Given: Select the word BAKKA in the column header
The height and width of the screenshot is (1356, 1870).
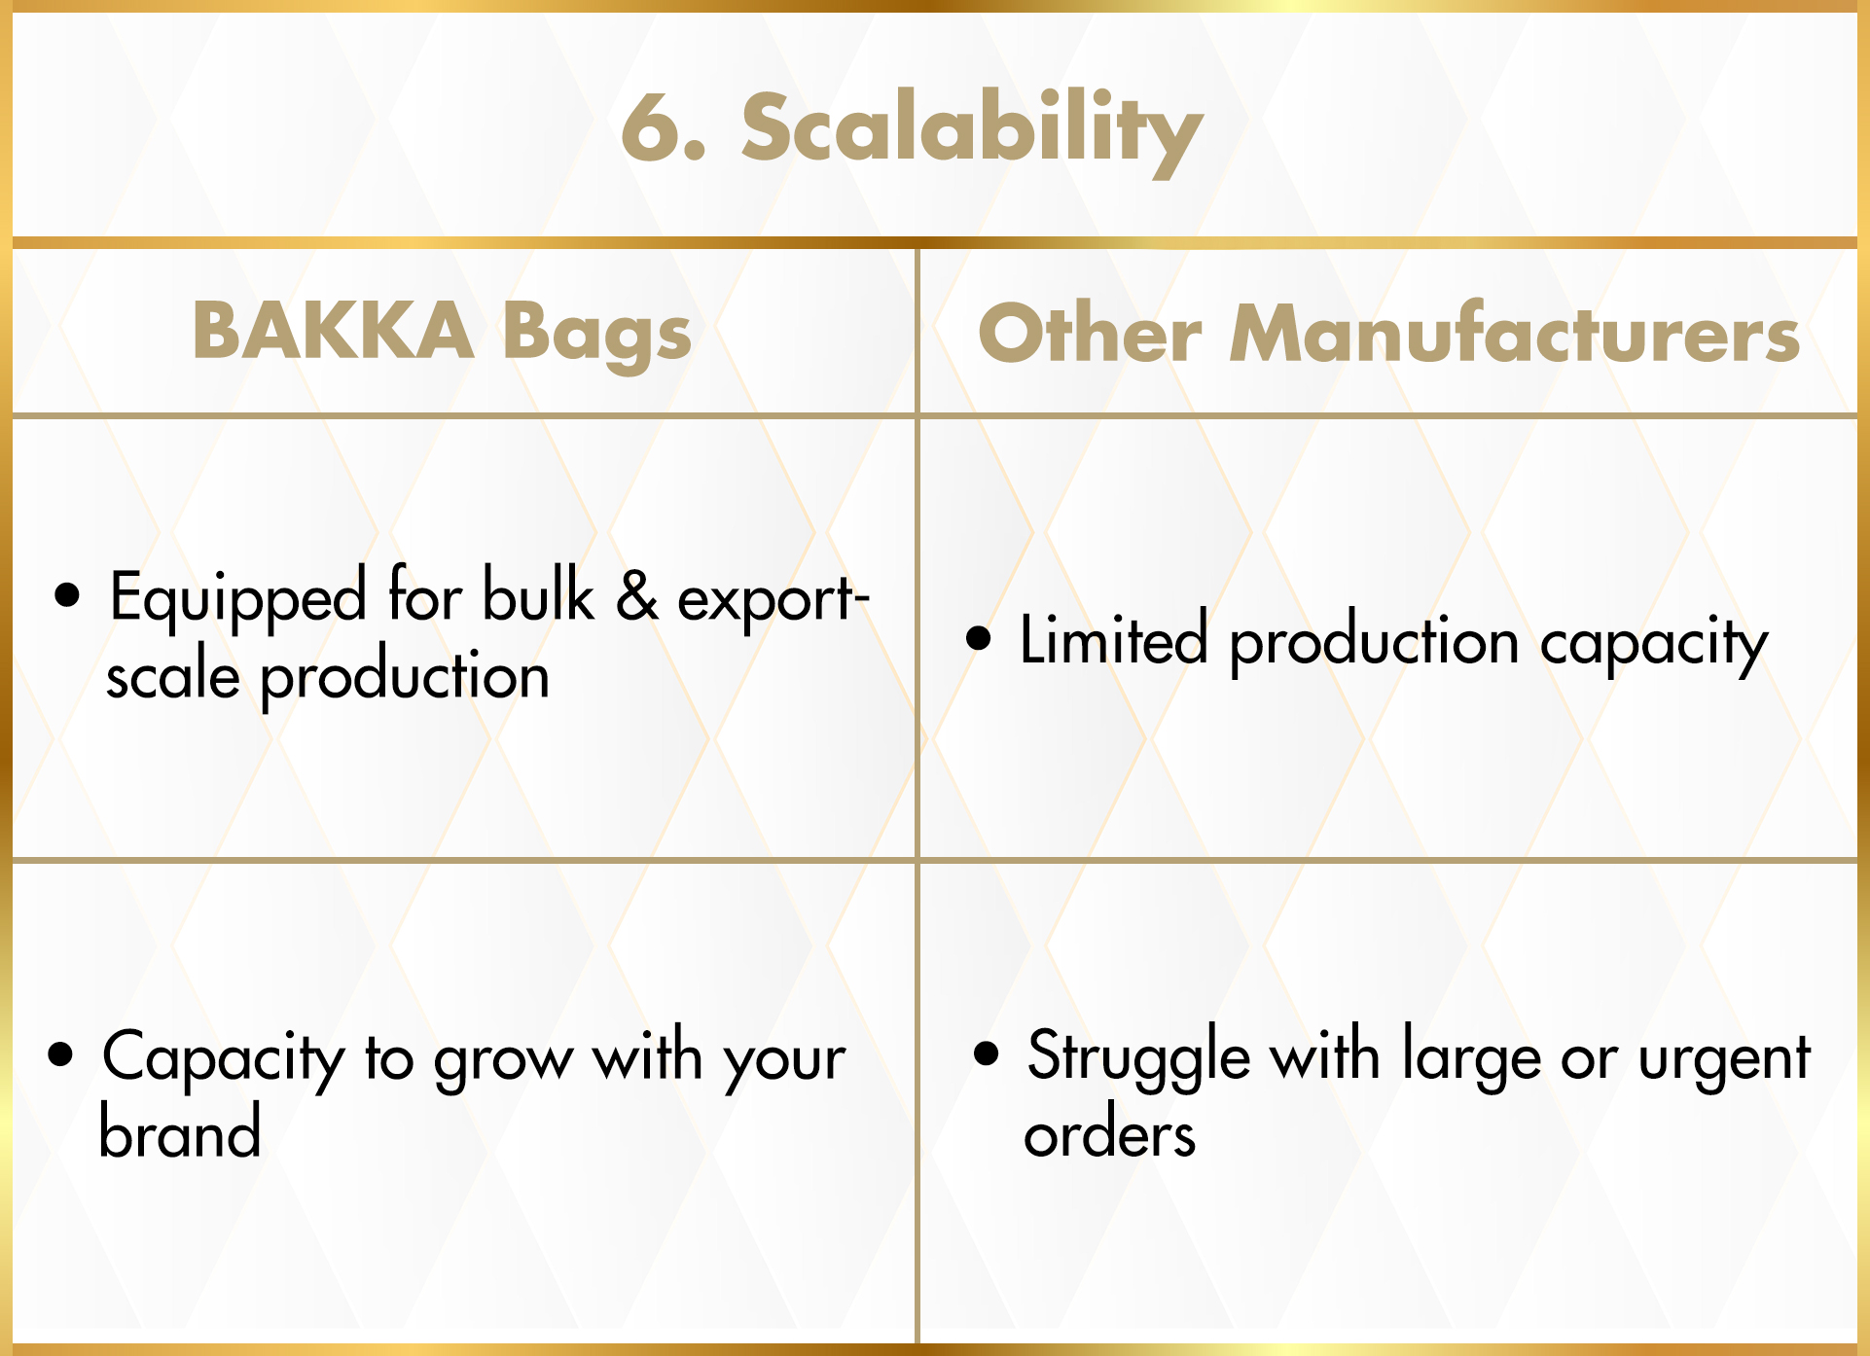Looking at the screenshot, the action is coord(333,331).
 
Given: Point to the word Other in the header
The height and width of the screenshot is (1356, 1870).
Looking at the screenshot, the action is coord(1090,334).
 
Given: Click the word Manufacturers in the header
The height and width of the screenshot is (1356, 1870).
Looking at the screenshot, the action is coord(1515,333).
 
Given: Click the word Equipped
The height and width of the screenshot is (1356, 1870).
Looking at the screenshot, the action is coord(238,599).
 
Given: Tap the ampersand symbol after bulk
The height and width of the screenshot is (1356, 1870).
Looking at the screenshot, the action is coord(636,595).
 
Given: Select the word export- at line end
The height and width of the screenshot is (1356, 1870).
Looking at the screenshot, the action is coord(773,601).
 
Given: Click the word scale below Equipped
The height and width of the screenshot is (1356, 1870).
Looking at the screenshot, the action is coord(173,675).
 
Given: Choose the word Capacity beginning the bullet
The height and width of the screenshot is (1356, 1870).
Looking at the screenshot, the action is coord(224,1059).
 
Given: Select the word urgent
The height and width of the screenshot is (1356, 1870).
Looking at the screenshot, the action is coord(1724,1062).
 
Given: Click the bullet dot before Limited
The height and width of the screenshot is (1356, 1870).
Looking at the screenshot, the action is coord(979,639).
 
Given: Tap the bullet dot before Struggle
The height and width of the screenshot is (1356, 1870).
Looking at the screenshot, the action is coord(987,1054).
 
